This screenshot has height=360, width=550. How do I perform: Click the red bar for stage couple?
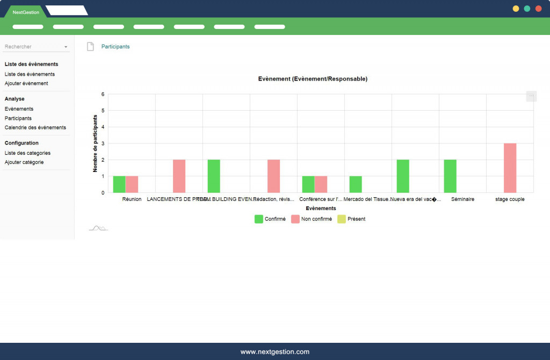[510, 168]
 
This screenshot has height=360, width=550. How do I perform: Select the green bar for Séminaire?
[450, 176]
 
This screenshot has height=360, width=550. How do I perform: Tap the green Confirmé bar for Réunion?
[119, 184]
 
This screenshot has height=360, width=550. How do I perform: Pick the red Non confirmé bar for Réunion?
[132, 184]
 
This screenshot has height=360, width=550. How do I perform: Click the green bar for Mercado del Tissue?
[356, 184]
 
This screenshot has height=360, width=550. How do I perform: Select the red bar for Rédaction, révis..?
[273, 176]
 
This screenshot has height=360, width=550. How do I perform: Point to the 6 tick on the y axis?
[103, 94]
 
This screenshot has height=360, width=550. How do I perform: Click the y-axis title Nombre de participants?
[95, 143]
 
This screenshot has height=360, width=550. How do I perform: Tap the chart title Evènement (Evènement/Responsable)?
[313, 79]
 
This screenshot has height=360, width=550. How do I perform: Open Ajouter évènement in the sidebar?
[26, 83]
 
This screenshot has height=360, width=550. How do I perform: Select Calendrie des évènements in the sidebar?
[35, 127]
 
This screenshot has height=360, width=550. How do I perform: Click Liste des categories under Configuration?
[27, 153]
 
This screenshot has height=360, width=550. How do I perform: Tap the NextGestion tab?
[26, 12]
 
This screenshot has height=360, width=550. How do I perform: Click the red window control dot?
[538, 9]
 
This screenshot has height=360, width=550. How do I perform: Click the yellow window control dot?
[516, 9]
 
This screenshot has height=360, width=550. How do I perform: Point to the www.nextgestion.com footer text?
[275, 352]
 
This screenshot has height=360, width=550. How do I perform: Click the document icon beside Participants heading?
[90, 47]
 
